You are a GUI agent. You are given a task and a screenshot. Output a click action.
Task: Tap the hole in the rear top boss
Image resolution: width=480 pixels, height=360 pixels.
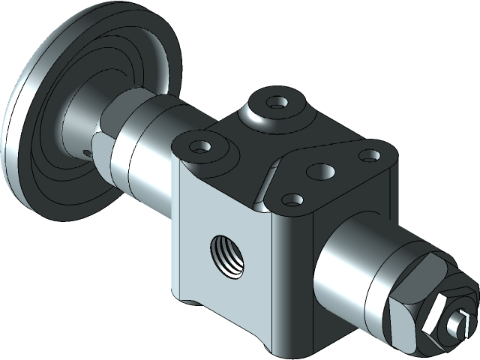[276, 101]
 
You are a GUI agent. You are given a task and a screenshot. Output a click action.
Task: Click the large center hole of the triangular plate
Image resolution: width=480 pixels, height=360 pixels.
[325, 171]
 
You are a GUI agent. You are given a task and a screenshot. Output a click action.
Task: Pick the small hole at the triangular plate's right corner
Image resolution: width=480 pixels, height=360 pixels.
[367, 155]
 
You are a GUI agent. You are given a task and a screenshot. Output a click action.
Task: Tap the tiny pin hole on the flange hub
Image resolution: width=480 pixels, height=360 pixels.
[88, 153]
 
